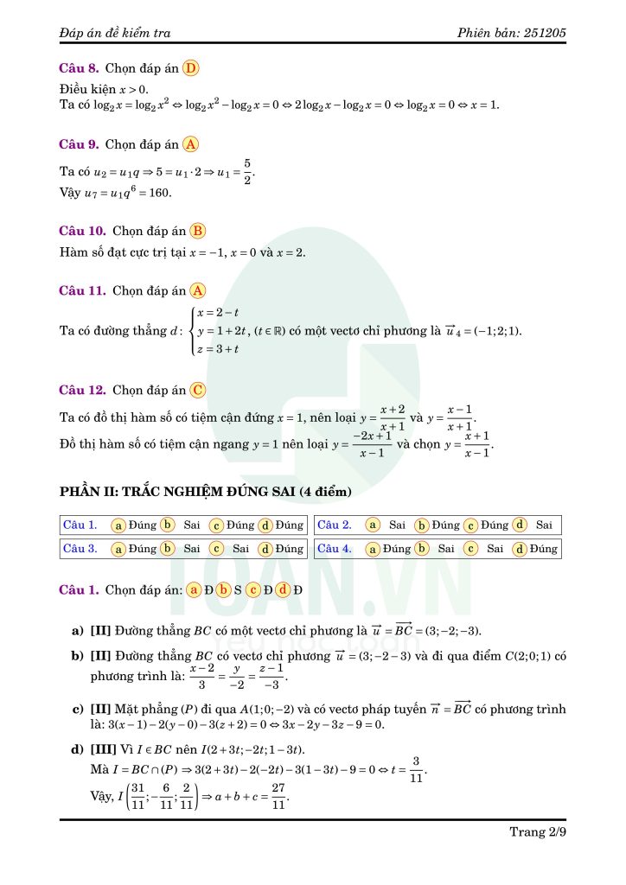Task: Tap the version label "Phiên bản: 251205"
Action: point(513,33)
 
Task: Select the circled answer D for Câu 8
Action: point(191,67)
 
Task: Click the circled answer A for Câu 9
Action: point(191,144)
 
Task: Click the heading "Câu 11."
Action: point(82,291)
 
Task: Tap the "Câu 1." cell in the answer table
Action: point(80,525)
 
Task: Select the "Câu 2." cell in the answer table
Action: point(335,525)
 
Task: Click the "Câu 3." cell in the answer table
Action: point(80,548)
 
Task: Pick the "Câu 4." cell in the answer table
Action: point(335,548)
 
